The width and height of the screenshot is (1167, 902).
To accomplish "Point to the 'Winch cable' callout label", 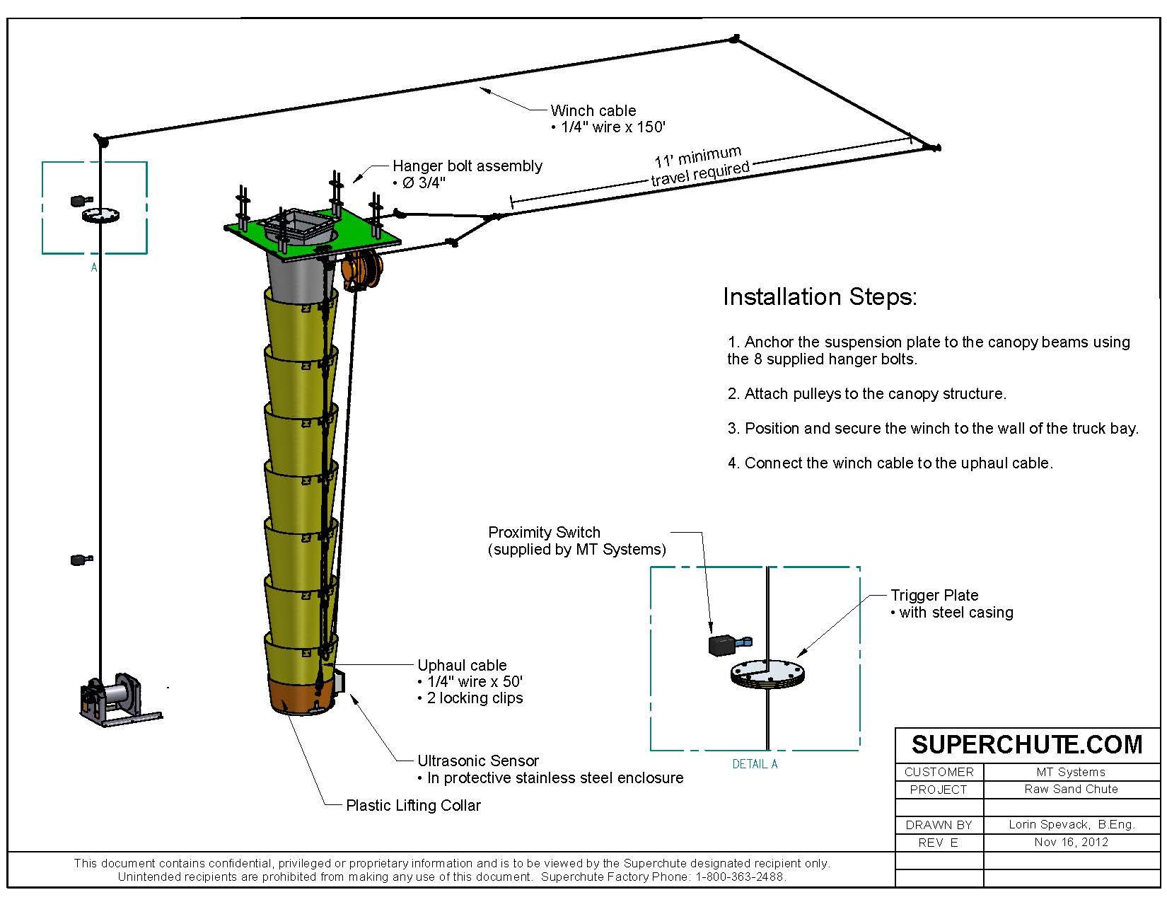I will tap(593, 110).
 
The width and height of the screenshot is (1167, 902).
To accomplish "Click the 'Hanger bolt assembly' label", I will tap(467, 166).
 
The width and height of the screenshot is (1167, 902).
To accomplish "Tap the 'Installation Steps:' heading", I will tap(819, 296).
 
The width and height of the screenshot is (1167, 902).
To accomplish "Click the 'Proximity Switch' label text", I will tap(544, 532).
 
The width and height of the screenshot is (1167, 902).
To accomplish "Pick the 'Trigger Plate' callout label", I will tap(934, 596).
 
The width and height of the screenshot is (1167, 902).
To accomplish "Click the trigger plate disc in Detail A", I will tap(767, 673).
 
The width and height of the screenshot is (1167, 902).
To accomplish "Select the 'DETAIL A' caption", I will tap(755, 764).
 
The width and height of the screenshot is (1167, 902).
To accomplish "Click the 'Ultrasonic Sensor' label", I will tap(477, 761).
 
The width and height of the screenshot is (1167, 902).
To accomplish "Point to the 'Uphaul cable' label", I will tap(462, 666).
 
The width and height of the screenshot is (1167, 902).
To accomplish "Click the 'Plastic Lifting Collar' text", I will tap(413, 806).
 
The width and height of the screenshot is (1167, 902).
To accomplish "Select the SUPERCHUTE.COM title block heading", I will tap(1026, 745).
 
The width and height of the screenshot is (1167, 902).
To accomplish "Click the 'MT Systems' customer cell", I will tap(1070, 772).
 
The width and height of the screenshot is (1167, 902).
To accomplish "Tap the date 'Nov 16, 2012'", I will tap(1070, 842).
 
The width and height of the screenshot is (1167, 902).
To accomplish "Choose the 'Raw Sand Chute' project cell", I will tap(1070, 789).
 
